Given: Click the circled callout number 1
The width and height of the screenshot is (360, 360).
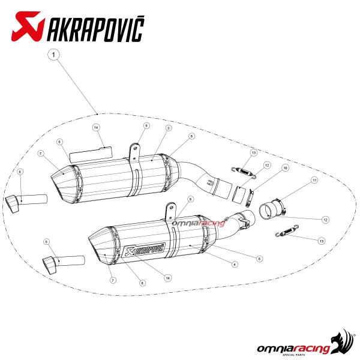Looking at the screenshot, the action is tap(54, 55).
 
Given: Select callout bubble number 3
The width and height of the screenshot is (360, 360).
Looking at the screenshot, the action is tap(169, 128).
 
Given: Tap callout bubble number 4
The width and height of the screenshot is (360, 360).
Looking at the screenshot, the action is tap(235, 265).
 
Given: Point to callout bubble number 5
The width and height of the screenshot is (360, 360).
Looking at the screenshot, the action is tap(47, 242).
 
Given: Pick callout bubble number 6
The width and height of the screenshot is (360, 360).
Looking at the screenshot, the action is tap(20, 172).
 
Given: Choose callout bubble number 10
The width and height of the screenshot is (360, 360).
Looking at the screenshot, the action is tap(286, 168).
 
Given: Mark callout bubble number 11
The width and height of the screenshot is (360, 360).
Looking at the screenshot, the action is tap(314, 180).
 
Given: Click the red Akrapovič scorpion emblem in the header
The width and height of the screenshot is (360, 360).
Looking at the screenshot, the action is tap(28, 26).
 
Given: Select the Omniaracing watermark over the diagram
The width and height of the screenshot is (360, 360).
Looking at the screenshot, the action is tap(199, 223).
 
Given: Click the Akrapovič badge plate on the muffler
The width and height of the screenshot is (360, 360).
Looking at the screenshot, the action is tap(145, 250).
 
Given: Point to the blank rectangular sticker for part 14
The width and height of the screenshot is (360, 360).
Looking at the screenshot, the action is tap(91, 154).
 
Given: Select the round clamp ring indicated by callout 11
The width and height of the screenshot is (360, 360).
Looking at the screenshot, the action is tap(272, 208).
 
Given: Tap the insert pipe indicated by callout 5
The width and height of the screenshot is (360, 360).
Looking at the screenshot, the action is tap(64, 263).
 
